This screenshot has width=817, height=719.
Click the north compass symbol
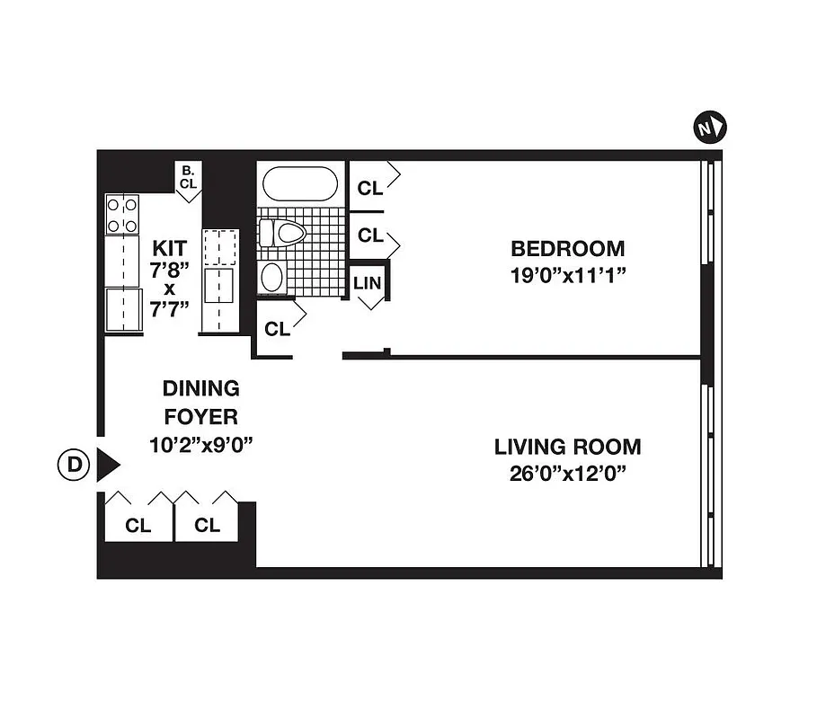[711, 128]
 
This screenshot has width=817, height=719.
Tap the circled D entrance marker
[75, 465]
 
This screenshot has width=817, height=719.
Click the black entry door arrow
[108, 465]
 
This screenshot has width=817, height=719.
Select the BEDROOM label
[567, 248]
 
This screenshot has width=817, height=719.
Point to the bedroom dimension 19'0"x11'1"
[567, 276]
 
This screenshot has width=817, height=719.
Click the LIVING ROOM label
[567, 446]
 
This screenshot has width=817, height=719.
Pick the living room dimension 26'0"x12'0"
[567, 474]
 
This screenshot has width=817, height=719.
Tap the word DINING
[201, 389]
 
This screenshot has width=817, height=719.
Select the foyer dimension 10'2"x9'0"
[201, 444]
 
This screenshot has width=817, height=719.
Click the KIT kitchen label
[170, 247]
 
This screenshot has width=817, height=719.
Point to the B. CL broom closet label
[188, 177]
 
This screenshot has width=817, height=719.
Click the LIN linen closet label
[368, 282]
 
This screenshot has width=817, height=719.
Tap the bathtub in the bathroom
[300, 183]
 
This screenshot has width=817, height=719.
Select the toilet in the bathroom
[283, 233]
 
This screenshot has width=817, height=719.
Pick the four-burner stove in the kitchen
[123, 214]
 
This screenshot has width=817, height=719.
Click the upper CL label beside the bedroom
[369, 189]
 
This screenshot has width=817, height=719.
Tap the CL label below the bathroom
[277, 330]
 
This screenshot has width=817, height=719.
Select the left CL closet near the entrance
[138, 526]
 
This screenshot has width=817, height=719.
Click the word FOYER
[201, 417]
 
